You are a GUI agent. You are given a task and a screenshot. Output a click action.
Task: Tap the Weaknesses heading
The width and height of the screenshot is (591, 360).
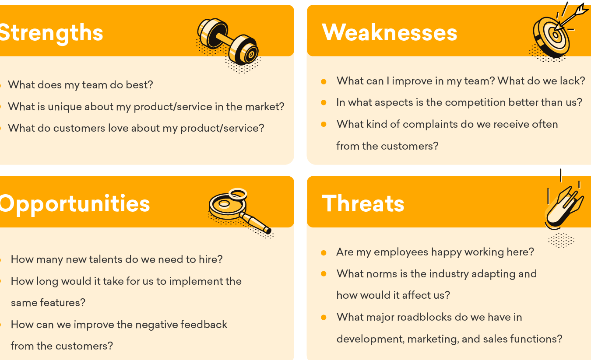click(x=390, y=32)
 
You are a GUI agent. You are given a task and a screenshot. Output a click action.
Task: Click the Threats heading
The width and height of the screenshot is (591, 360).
click(x=363, y=203)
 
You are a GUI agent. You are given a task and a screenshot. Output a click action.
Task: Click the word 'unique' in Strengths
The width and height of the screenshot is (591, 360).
click(x=64, y=107)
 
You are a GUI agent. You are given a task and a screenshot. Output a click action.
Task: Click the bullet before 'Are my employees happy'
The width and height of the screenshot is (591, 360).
click(x=324, y=253)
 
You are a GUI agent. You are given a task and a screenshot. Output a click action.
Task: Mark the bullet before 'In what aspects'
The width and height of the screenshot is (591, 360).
click(x=324, y=102)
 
